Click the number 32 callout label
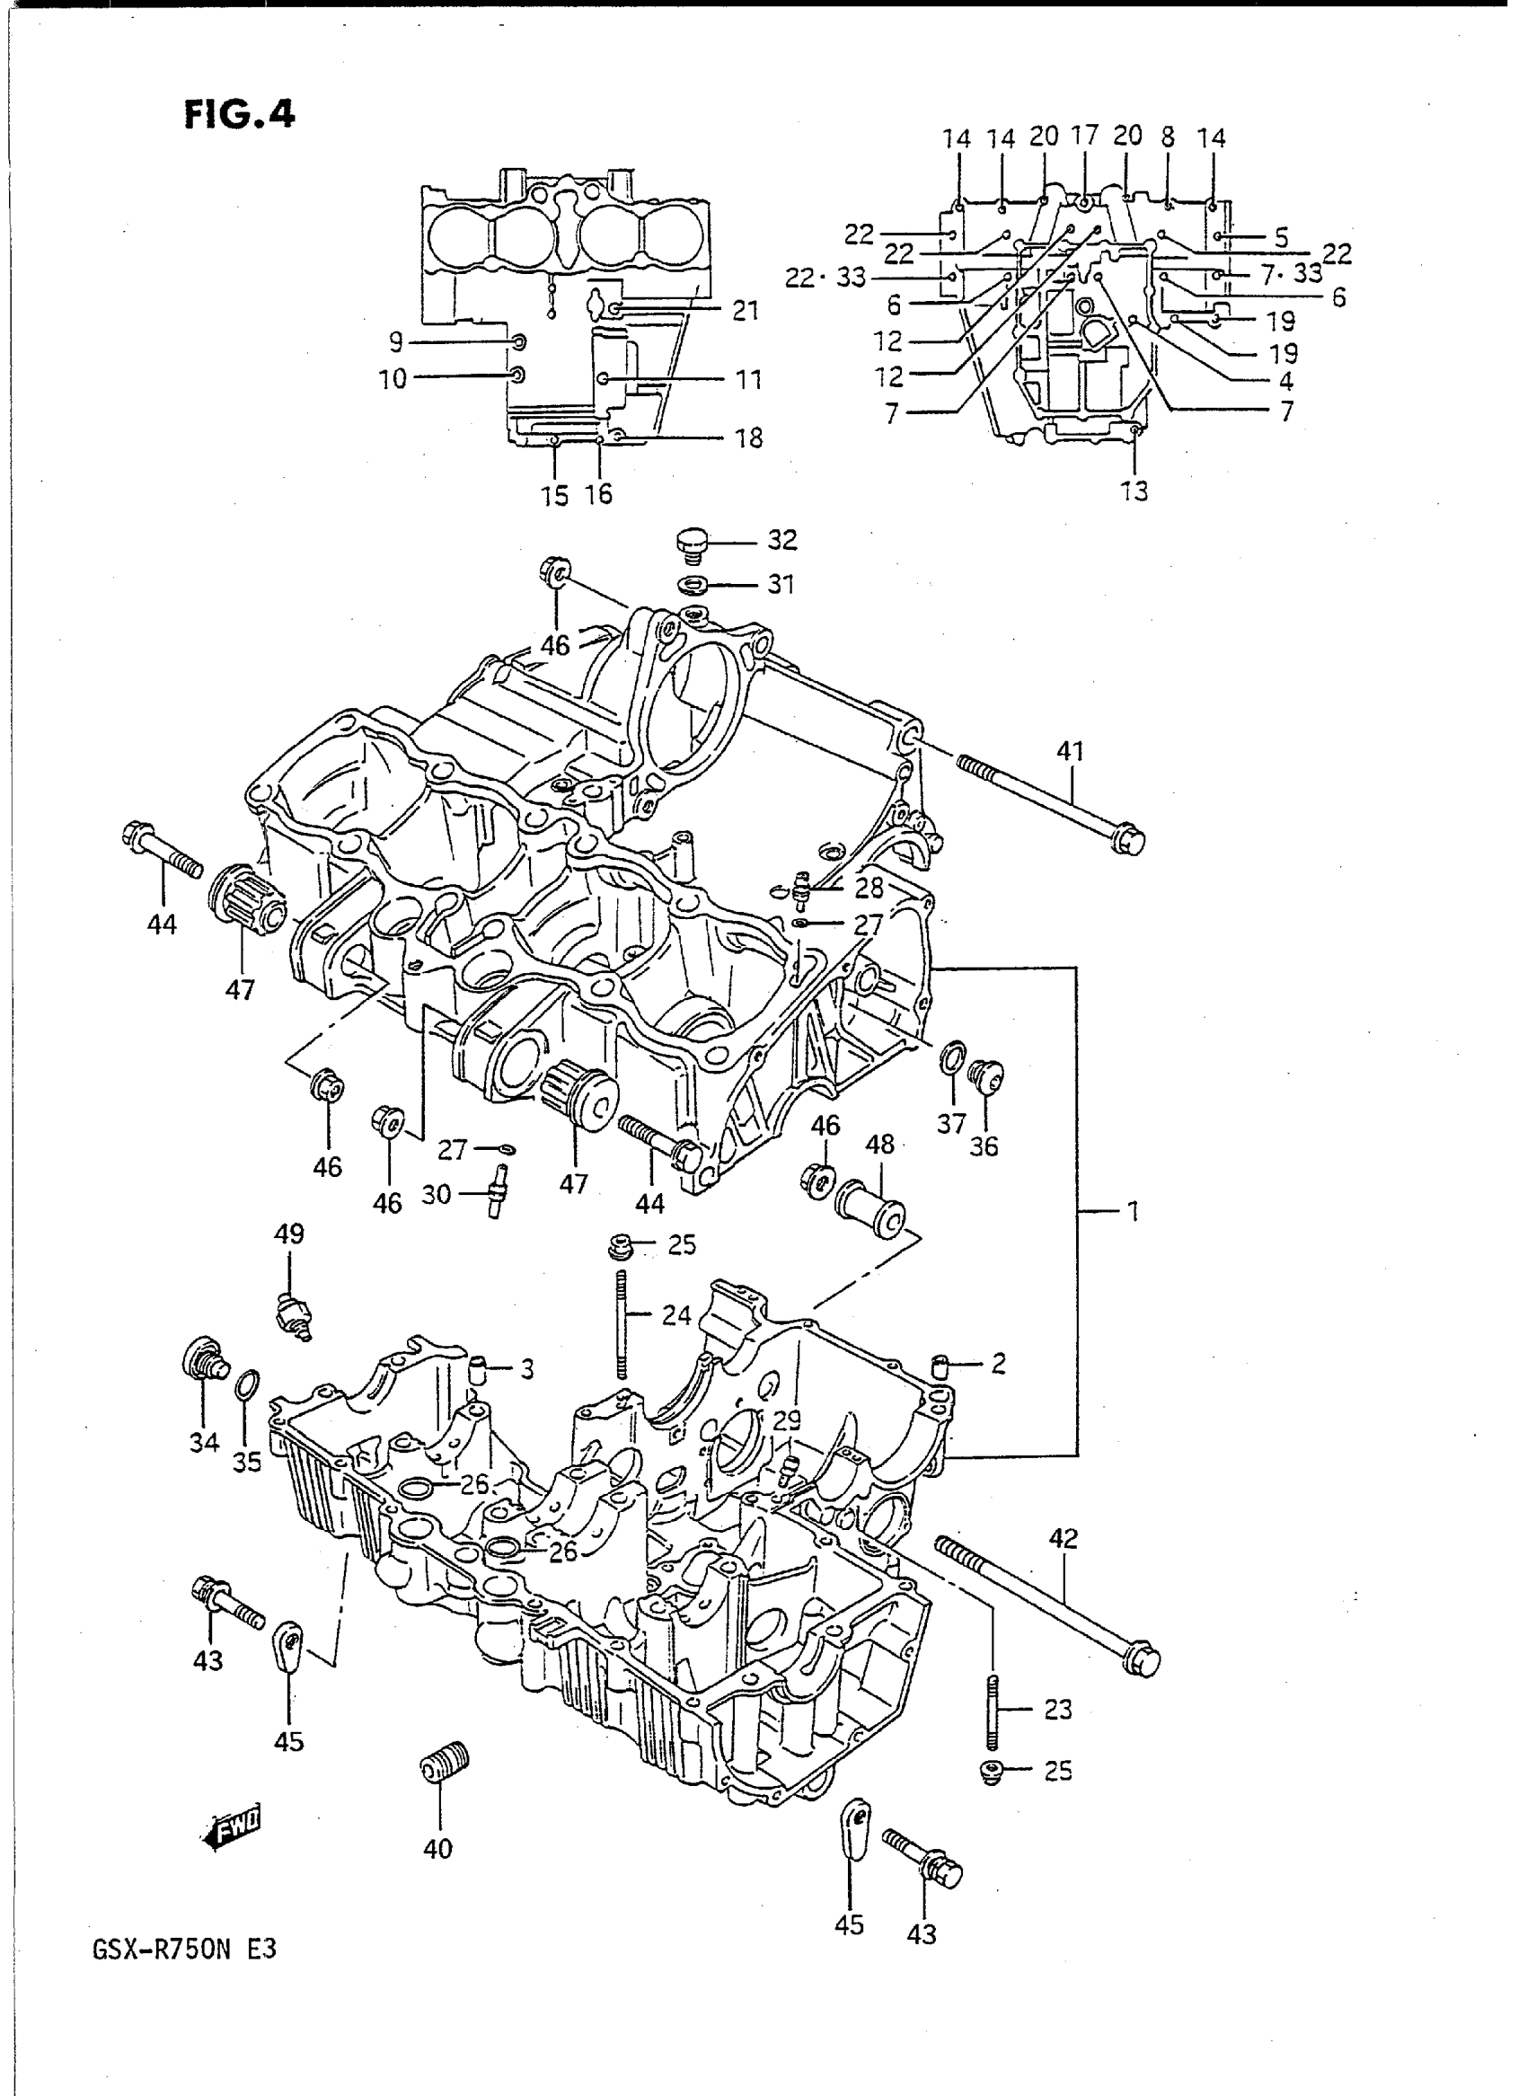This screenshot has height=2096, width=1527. (x=782, y=539)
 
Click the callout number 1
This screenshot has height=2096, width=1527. (x=1134, y=1211)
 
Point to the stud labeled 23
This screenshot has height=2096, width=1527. (x=993, y=1713)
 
